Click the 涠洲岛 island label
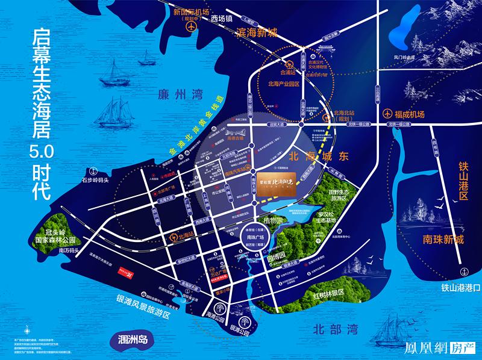[131, 339]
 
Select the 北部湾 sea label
[336, 329]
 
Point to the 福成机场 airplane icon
[387, 114]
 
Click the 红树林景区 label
[328, 293]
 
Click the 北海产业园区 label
[283, 85]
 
